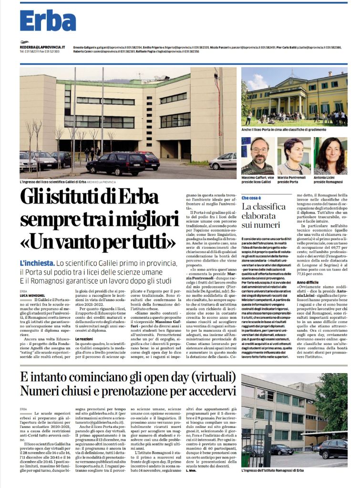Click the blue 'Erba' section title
point(48,20)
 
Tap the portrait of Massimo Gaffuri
point(257,156)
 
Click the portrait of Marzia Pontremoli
point(293,156)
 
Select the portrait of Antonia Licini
point(330,156)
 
